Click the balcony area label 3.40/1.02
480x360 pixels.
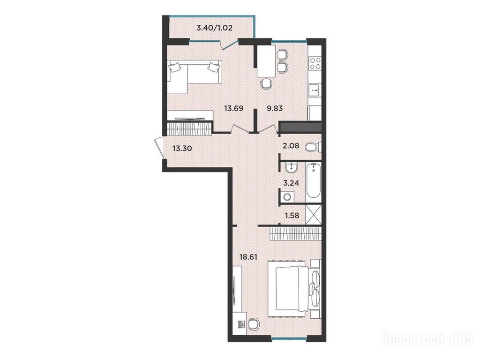point(214,28)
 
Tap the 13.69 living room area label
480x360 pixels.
point(233,108)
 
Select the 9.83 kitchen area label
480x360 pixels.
point(275,108)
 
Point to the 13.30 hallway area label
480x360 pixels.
point(182,149)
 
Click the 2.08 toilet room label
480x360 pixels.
point(291,145)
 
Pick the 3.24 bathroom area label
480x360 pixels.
point(291,183)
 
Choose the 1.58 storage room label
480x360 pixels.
point(292,216)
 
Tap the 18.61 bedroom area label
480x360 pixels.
point(248,257)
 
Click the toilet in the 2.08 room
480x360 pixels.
point(313,147)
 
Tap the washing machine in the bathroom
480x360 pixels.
point(288,196)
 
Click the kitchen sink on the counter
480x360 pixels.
point(315,90)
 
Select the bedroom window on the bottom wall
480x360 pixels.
point(289,338)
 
